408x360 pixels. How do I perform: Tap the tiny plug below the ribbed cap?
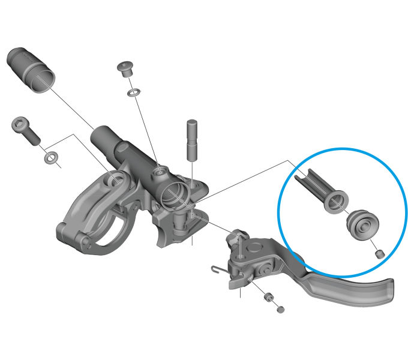(x=379, y=254)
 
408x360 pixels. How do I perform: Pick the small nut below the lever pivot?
(x=269, y=298)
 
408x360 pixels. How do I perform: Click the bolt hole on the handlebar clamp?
(x=115, y=178)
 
